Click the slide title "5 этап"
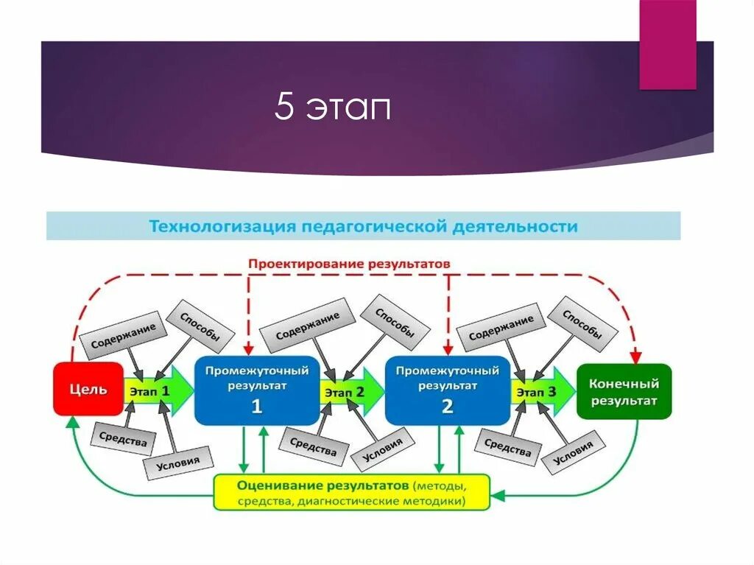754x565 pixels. pyautogui.click(x=332, y=108)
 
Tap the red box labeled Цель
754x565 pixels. pyautogui.click(x=88, y=389)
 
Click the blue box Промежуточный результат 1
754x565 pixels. pyautogui.click(x=256, y=390)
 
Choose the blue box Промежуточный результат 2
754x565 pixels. pyautogui.click(x=447, y=390)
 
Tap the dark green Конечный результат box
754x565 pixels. pyautogui.click(x=624, y=391)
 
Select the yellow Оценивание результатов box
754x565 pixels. pyautogui.click(x=351, y=493)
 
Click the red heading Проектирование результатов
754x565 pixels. pyautogui.click(x=348, y=263)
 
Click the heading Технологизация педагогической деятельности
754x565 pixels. pyautogui.click(x=363, y=226)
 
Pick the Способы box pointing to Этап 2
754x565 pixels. pyautogui.click(x=395, y=322)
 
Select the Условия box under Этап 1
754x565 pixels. pyautogui.click(x=177, y=463)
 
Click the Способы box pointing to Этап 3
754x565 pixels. pyautogui.click(x=582, y=323)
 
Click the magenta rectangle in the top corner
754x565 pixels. pyautogui.click(x=667, y=44)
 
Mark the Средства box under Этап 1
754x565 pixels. pyautogui.click(x=124, y=438)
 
